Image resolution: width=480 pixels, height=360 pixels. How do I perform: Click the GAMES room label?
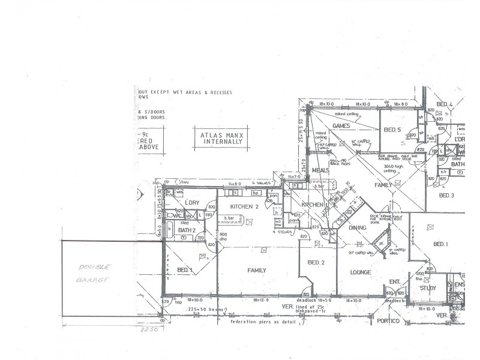pyautogui.click(x=341, y=125)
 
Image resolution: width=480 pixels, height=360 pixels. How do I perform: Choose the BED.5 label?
pyautogui.click(x=392, y=130)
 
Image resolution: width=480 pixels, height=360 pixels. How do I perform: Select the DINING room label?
pyautogui.click(x=358, y=227)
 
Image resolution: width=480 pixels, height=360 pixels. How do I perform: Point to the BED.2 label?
pyautogui.click(x=316, y=263)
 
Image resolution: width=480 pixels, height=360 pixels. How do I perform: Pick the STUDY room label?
pyautogui.click(x=428, y=288)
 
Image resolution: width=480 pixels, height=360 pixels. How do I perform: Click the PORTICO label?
pyautogui.click(x=388, y=322)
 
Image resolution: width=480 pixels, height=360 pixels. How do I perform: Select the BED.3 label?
pyautogui.click(x=447, y=195)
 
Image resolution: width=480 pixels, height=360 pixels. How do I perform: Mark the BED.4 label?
pyautogui.click(x=445, y=105)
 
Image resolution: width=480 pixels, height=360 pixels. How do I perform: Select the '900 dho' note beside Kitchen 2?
pyautogui.click(x=223, y=236)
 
